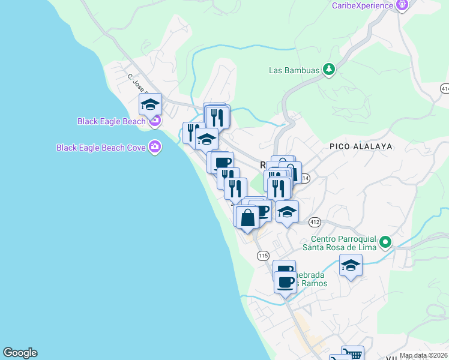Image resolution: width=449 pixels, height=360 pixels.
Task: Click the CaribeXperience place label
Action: point(362,5)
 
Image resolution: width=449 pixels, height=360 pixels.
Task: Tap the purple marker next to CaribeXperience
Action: point(402,5)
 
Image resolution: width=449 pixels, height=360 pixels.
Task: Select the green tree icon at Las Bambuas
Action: point(328,70)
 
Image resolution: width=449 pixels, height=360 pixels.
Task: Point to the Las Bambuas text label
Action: point(293,70)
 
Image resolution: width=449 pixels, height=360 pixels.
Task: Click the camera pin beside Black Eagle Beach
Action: point(155,121)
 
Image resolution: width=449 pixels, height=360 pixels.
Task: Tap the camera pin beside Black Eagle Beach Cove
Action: point(155,147)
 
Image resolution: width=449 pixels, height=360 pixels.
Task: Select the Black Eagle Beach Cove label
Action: point(101,147)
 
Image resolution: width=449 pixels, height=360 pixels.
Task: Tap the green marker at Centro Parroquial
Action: point(386,242)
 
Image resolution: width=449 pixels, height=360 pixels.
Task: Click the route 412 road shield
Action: point(315,222)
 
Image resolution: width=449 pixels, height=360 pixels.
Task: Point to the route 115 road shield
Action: point(262,256)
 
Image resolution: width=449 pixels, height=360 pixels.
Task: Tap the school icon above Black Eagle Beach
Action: point(150,104)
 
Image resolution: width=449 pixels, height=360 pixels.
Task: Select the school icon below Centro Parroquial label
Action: point(351,265)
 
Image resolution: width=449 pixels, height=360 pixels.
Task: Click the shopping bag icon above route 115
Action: point(247,217)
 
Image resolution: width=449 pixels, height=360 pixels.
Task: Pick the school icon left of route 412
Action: point(288,212)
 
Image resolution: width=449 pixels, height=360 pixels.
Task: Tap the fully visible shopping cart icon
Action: point(352,354)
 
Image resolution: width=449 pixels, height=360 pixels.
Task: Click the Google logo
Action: point(20,353)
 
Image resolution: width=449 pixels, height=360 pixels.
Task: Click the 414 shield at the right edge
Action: point(445,88)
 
